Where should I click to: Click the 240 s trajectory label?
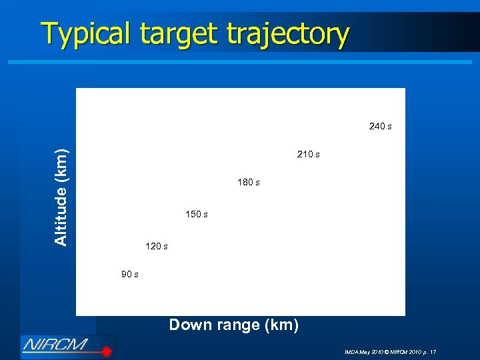tap(380, 126)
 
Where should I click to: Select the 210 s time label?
tap(308, 155)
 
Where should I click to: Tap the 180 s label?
tap(248, 183)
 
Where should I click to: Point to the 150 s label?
tap(196, 215)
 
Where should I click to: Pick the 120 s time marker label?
tap(156, 247)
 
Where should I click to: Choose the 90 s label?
tap(129, 275)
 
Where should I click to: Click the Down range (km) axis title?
tap(233, 325)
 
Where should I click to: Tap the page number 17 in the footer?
tap(433, 351)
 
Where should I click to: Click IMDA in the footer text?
tap(351, 351)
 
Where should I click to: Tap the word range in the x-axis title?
tap(229, 325)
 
